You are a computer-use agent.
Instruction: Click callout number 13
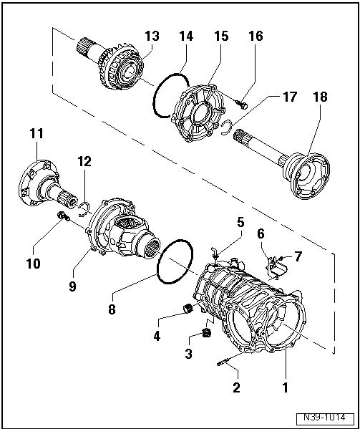pyautogui.click(x=152, y=36)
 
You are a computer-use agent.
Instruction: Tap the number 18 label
pyautogui.click(x=321, y=97)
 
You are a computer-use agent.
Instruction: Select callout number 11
pyautogui.click(x=37, y=133)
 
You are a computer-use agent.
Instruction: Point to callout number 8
pyautogui.click(x=112, y=309)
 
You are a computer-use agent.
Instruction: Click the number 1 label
pyautogui.click(x=285, y=387)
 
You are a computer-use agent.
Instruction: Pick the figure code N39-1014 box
pyautogui.click(x=325, y=418)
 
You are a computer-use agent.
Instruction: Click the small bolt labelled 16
pyautogui.click(x=242, y=105)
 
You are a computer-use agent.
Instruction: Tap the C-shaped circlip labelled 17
pyautogui.click(x=226, y=127)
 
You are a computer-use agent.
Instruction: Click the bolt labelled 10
pyautogui.click(x=62, y=216)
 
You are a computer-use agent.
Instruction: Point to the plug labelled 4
pyautogui.click(x=188, y=309)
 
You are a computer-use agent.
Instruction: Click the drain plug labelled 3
pyautogui.click(x=206, y=333)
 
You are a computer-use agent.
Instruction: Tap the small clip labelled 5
pyautogui.click(x=215, y=253)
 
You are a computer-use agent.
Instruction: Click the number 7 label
pyautogui.click(x=298, y=256)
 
